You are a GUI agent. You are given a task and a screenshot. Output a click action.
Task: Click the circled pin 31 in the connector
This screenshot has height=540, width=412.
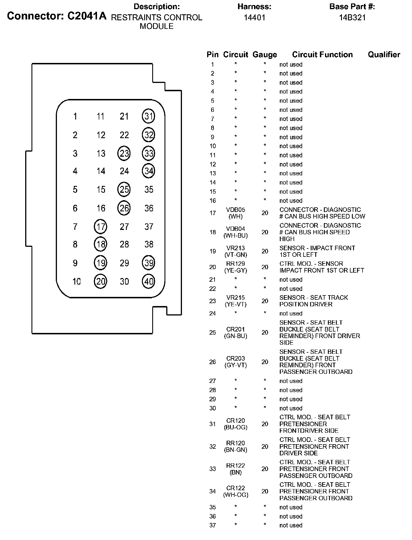click(148, 116)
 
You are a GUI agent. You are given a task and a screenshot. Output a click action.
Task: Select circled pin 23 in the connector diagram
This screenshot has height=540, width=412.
click(124, 154)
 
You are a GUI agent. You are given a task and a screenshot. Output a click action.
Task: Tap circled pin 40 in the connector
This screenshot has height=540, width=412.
click(148, 281)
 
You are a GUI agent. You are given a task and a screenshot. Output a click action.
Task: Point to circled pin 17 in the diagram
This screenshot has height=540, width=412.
click(100, 227)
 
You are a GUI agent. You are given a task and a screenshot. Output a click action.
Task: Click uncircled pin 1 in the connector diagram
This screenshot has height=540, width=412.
click(75, 116)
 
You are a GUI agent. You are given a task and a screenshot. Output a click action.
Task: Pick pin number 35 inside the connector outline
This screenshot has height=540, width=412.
click(149, 189)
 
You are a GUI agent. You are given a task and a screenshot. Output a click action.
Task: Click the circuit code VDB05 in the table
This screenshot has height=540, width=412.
click(235, 210)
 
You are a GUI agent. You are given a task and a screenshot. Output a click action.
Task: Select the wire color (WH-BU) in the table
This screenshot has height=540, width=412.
click(235, 236)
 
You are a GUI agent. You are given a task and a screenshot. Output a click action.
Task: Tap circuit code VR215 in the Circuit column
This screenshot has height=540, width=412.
click(235, 297)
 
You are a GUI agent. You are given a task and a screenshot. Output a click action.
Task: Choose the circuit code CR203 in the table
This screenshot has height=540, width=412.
click(235, 358)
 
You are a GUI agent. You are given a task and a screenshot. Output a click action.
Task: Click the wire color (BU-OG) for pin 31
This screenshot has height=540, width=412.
click(235, 427)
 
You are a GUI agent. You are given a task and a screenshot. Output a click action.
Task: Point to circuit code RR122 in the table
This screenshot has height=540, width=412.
click(235, 466)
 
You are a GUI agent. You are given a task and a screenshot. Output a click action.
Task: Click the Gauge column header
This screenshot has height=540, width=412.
click(265, 55)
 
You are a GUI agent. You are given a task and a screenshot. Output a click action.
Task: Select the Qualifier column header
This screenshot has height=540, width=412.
click(384, 55)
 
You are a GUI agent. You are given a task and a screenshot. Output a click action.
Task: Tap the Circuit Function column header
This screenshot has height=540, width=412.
click(322, 55)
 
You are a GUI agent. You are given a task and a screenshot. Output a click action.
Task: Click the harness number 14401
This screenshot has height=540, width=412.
click(254, 18)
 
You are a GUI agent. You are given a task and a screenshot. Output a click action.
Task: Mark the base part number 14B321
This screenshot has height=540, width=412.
click(352, 18)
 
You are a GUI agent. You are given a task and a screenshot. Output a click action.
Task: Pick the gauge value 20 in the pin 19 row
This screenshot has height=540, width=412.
click(265, 251)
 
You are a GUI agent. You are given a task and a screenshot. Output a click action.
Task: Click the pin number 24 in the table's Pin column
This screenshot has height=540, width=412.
click(212, 313)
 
